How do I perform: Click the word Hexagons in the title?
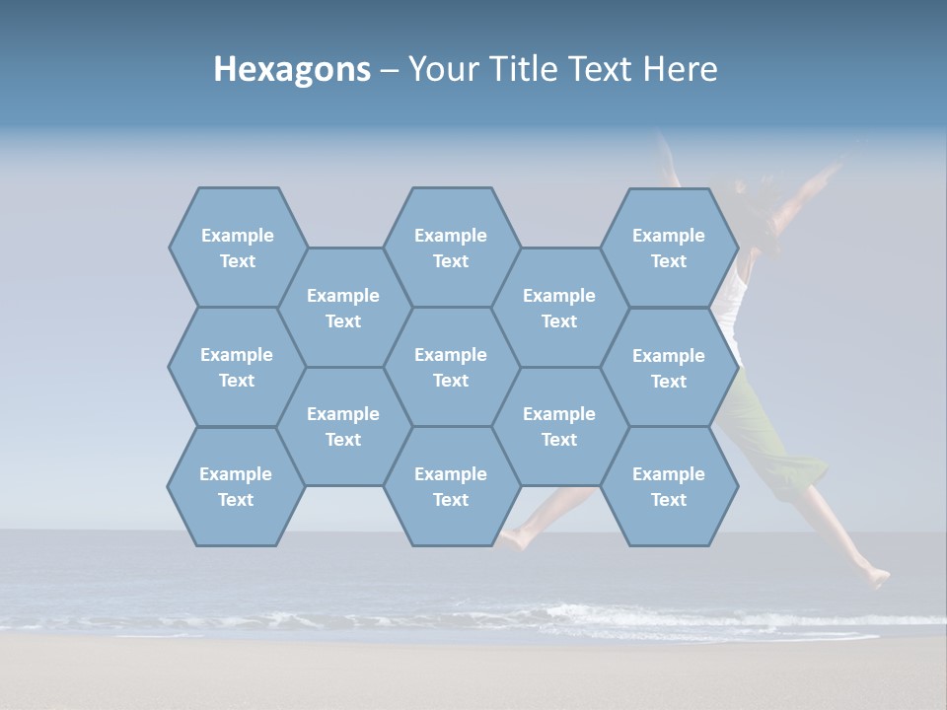tap(292, 69)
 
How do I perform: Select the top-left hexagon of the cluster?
tap(238, 248)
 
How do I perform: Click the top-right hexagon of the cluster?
tap(669, 248)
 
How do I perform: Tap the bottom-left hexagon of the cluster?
tap(236, 486)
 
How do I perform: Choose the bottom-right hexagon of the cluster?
tap(669, 486)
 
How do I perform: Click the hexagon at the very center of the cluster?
tap(451, 367)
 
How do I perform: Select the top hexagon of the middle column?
tap(451, 248)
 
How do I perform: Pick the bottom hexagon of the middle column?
tap(451, 486)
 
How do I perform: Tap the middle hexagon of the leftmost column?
tap(237, 367)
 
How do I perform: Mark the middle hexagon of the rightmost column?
tap(669, 368)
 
